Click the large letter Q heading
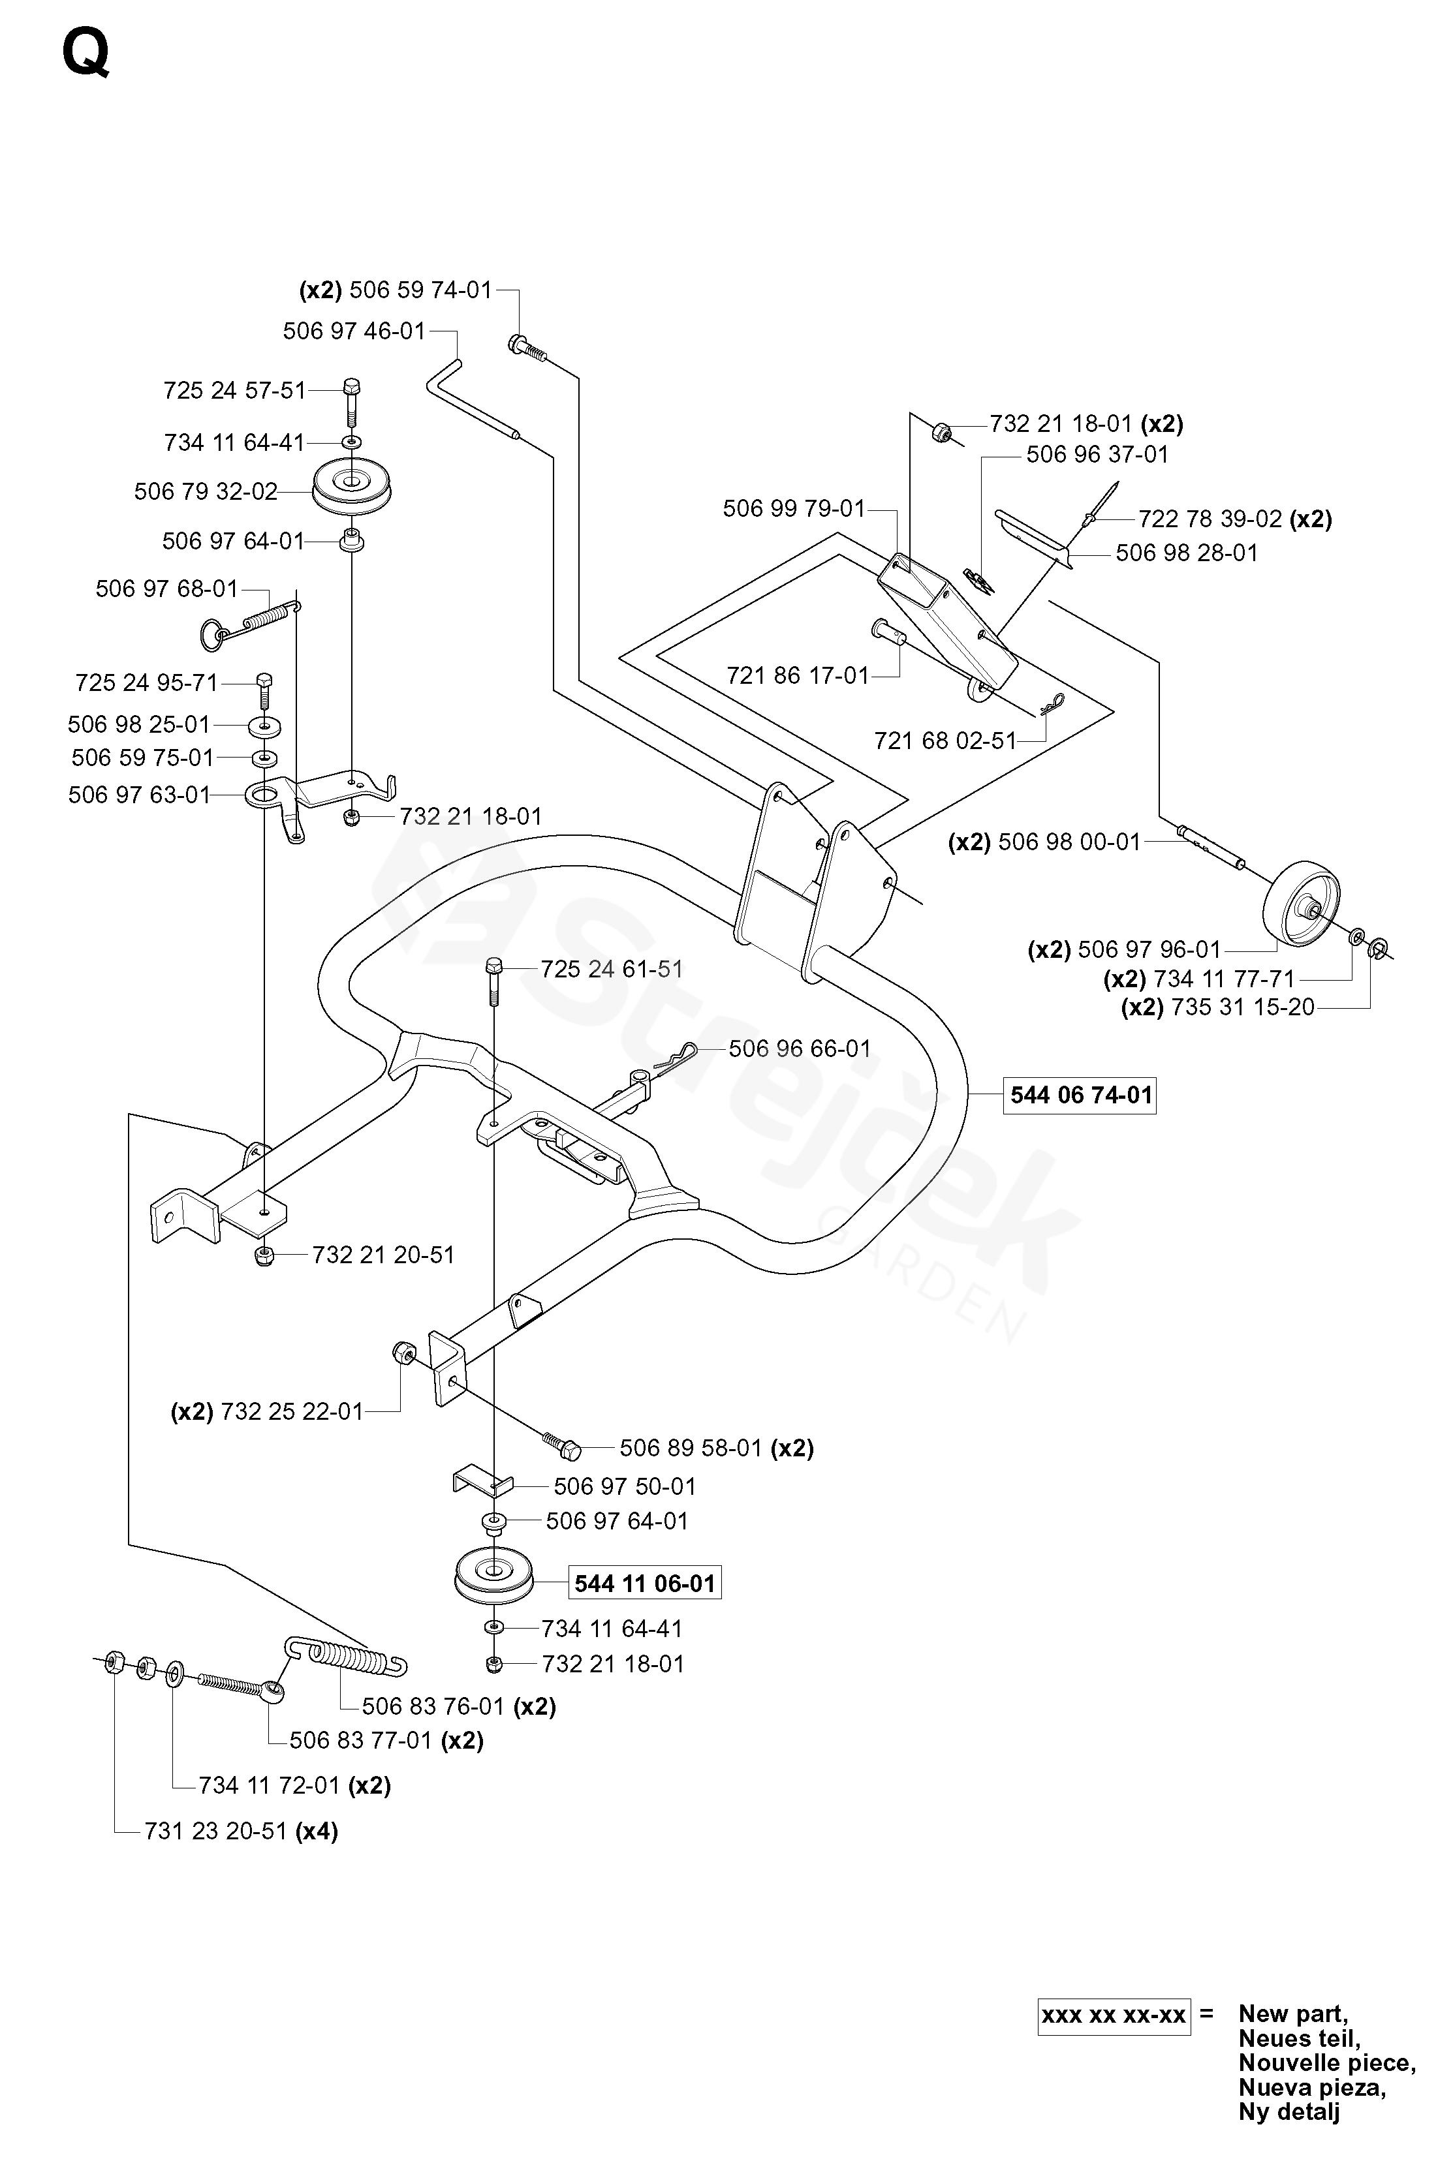pos(86,54)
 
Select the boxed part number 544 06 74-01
pos(1080,1096)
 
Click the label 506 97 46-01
pos(354,331)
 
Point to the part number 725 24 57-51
pos(234,391)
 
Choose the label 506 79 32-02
pos(206,492)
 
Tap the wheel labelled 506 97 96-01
pos(1302,905)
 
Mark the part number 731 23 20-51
pos(216,1831)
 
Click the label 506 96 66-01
pos(800,1049)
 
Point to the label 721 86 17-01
pos(798,676)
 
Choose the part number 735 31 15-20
pos(1243,1007)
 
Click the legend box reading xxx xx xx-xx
pos(1114,2015)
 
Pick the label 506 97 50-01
pos(625,1487)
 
